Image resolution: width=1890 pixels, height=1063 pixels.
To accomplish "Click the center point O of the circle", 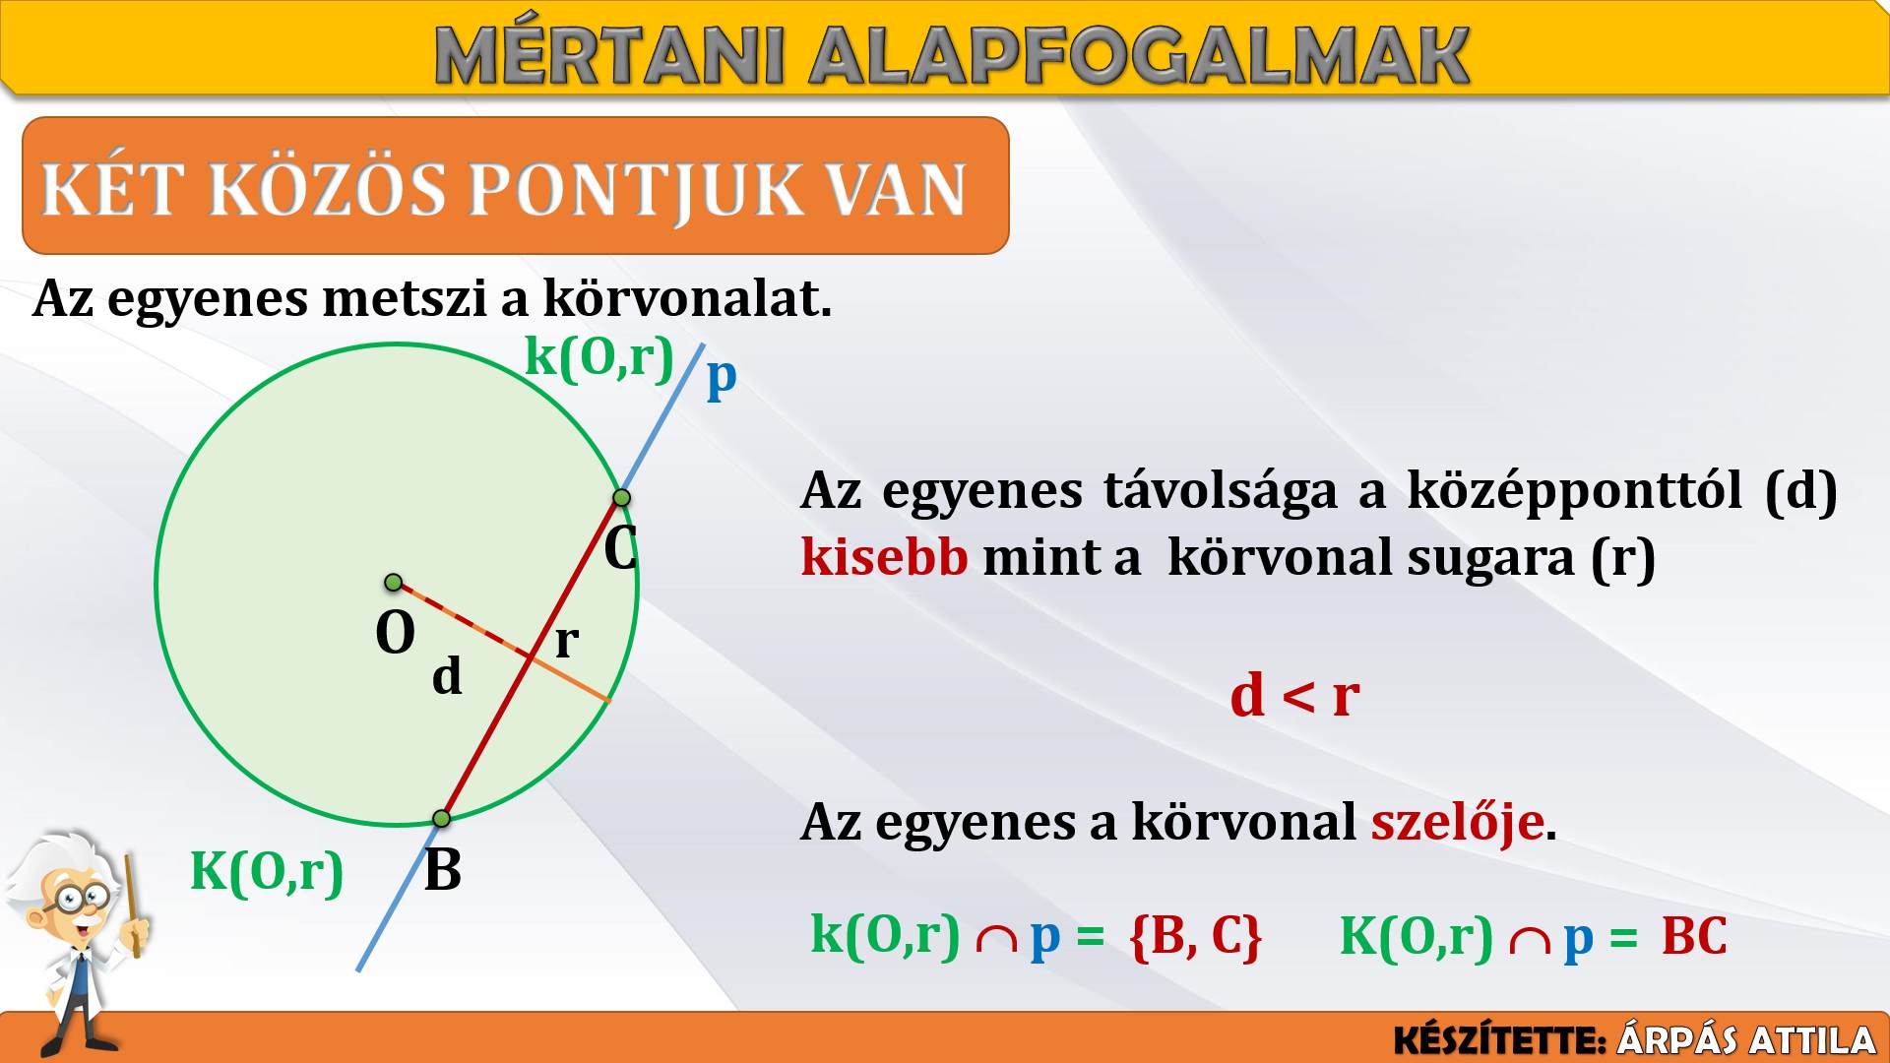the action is click(x=393, y=583).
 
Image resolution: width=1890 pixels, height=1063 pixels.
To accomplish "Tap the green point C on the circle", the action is click(x=621, y=498).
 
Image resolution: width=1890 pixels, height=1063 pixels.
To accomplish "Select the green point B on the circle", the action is click(x=442, y=818).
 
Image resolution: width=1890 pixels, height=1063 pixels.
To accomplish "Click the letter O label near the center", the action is click(x=396, y=632).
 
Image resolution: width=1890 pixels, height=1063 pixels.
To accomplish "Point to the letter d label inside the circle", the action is click(x=447, y=675).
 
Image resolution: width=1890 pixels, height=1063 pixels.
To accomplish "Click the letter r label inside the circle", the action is click(x=566, y=640).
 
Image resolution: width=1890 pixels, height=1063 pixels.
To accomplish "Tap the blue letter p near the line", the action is click(x=722, y=377).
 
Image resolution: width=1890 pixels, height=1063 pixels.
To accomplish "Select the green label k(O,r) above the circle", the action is click(x=599, y=355).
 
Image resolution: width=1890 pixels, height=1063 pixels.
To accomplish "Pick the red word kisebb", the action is click(x=885, y=557).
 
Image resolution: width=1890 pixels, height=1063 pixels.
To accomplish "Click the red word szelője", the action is click(x=1458, y=823).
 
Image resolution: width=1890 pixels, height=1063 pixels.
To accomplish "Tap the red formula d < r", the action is click(x=1295, y=696).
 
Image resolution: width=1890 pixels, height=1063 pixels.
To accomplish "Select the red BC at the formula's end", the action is click(x=1694, y=936).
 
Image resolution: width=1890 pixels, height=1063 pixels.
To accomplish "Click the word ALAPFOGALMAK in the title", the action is click(x=1139, y=56).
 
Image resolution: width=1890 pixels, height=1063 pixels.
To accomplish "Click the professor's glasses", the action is click(x=83, y=897).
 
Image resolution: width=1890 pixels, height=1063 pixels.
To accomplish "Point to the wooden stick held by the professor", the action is click(x=132, y=906).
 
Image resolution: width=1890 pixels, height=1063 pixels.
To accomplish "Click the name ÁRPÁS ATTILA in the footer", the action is click(x=1746, y=1040).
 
